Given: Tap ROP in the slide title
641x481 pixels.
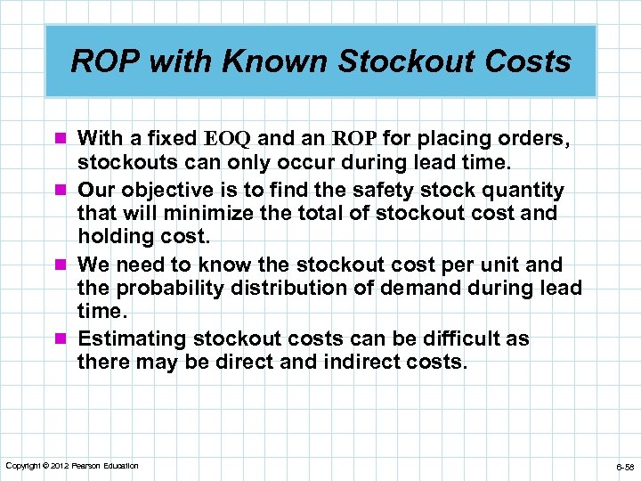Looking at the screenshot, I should point(101,61).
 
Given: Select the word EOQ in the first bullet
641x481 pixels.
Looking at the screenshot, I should point(230,139).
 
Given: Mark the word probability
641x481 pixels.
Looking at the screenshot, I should point(170,289).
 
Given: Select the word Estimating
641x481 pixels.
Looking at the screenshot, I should point(133,339).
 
